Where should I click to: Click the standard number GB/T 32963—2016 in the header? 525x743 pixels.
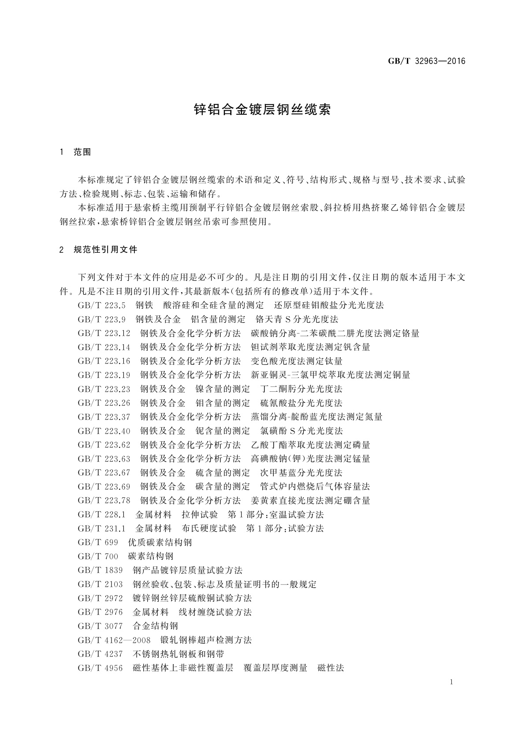[426, 61]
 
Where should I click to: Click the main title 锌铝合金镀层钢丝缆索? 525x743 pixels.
[262, 110]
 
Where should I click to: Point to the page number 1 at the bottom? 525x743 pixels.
[451, 682]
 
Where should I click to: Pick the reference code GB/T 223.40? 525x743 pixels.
[104, 431]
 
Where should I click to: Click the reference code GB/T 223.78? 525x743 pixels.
[104, 500]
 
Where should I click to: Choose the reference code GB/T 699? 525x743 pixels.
[98, 542]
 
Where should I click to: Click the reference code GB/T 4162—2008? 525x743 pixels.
[114, 640]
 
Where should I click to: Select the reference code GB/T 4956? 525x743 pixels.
[100, 668]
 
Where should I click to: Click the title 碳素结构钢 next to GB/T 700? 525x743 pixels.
[151, 556]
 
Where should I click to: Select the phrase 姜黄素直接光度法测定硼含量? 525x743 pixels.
[310, 500]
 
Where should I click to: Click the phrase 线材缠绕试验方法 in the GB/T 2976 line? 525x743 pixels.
[215, 612]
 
